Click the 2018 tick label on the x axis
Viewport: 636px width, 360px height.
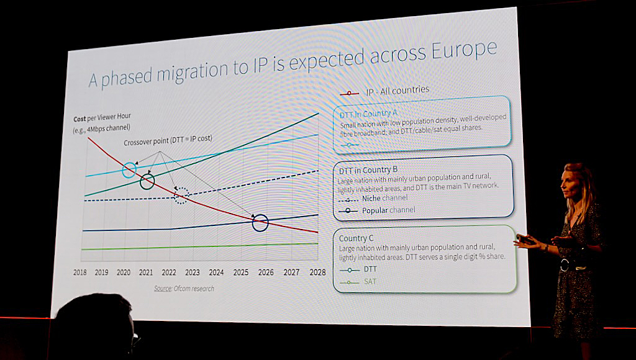(80, 272)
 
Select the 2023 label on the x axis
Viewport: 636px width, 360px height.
(192, 272)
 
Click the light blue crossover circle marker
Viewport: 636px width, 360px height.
(129, 169)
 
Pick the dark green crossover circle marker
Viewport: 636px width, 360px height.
(147, 181)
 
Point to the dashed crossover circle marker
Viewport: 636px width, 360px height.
(180, 196)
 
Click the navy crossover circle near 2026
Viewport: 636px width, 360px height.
(260, 222)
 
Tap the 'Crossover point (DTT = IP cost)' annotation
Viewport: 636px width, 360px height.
(168, 142)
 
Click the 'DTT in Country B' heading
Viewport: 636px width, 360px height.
(368, 169)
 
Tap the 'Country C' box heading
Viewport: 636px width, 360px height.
(357, 238)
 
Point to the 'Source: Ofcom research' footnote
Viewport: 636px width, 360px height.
(184, 289)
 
